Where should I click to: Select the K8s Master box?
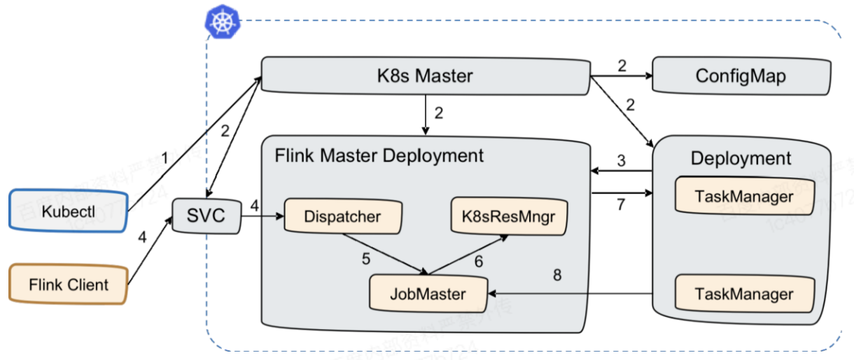[424, 76]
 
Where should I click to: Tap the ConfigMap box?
[741, 76]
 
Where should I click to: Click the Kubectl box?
[67, 210]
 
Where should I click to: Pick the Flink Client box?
[68, 285]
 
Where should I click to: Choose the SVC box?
[206, 216]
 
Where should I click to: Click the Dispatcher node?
[342, 216]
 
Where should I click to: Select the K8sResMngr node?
[509, 216]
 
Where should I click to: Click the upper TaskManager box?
[745, 196]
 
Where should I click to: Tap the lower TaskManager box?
[745, 293]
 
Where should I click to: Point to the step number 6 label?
[479, 261]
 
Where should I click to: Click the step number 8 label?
[557, 275]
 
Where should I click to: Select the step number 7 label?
[620, 206]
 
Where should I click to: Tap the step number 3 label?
[620, 161]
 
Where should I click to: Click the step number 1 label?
[165, 159]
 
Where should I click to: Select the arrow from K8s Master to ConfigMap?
[620, 76]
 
